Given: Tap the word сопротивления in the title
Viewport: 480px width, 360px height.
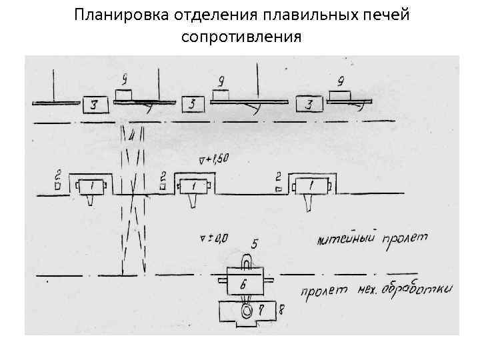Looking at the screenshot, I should click(241, 36).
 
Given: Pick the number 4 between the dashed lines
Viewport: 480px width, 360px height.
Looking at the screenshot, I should click(133, 136).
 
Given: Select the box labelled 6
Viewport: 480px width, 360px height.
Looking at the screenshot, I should click(244, 283).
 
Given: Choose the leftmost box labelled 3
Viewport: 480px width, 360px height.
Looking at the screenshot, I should click(96, 105).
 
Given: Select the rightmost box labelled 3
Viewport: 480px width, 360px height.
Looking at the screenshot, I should click(309, 105).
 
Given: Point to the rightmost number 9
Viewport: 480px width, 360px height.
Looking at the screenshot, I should click(341, 83).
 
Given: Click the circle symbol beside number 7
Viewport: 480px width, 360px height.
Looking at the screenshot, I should click(247, 311).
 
